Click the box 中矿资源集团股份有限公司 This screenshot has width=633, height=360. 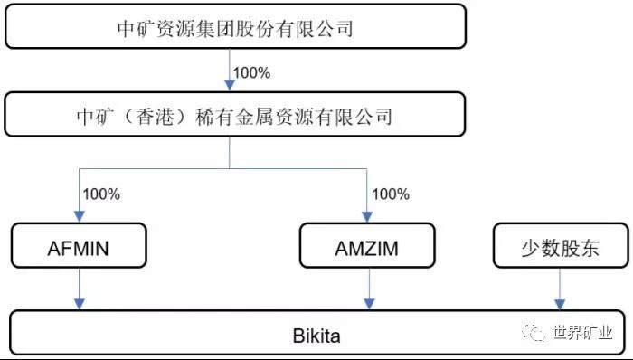coord(235,26)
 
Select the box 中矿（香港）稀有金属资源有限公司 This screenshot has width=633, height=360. coord(234,114)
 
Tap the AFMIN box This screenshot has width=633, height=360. coord(79,245)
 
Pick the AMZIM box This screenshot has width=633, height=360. coord(367,245)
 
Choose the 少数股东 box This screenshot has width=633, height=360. coord(561,245)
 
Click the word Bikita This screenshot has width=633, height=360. coord(316,336)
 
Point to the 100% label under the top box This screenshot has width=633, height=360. coord(251,72)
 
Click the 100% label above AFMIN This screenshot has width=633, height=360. coord(101,194)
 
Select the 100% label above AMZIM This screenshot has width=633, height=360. coord(391,194)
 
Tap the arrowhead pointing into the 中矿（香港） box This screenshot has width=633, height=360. coord(230,85)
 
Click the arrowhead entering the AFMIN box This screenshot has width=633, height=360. coord(80,216)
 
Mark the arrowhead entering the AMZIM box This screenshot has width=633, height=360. coord(366,216)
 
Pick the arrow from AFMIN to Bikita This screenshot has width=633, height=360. coord(80,289)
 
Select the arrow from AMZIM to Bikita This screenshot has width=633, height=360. coord(369,289)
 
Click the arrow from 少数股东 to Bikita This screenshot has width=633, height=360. coord(560,289)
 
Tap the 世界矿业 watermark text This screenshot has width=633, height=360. coord(582,333)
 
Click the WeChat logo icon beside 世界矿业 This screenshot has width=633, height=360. coord(533,332)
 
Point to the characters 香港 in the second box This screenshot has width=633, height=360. coord(155,117)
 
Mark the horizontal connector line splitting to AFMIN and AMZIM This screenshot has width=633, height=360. coord(222,169)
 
